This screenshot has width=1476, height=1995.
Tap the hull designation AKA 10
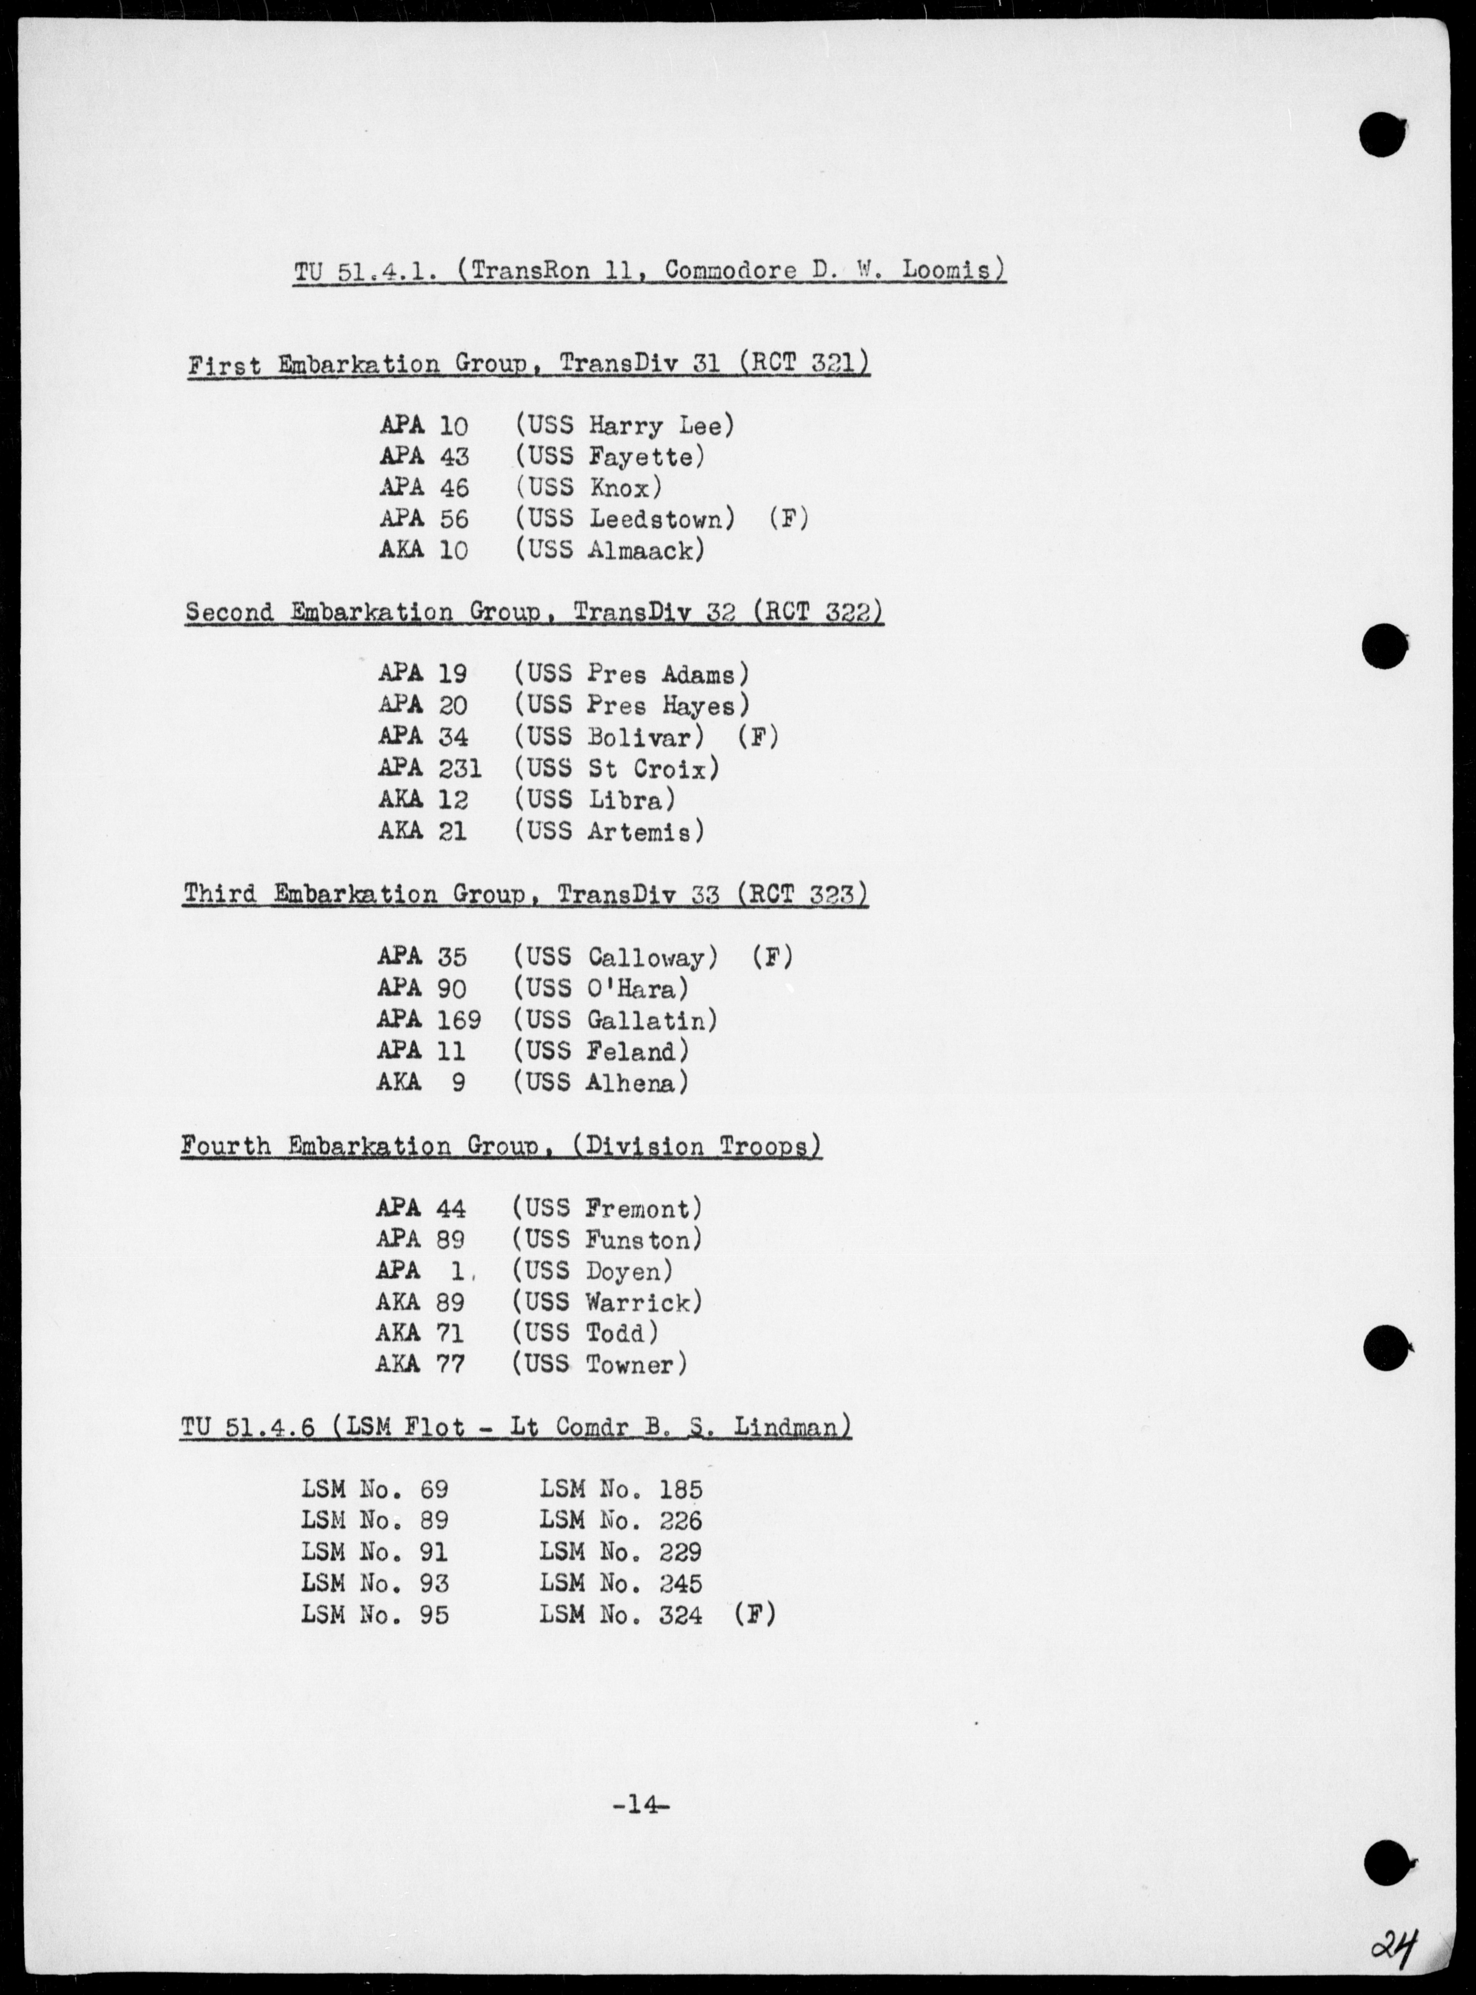click(x=423, y=550)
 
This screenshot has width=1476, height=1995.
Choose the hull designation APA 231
click(x=430, y=768)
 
